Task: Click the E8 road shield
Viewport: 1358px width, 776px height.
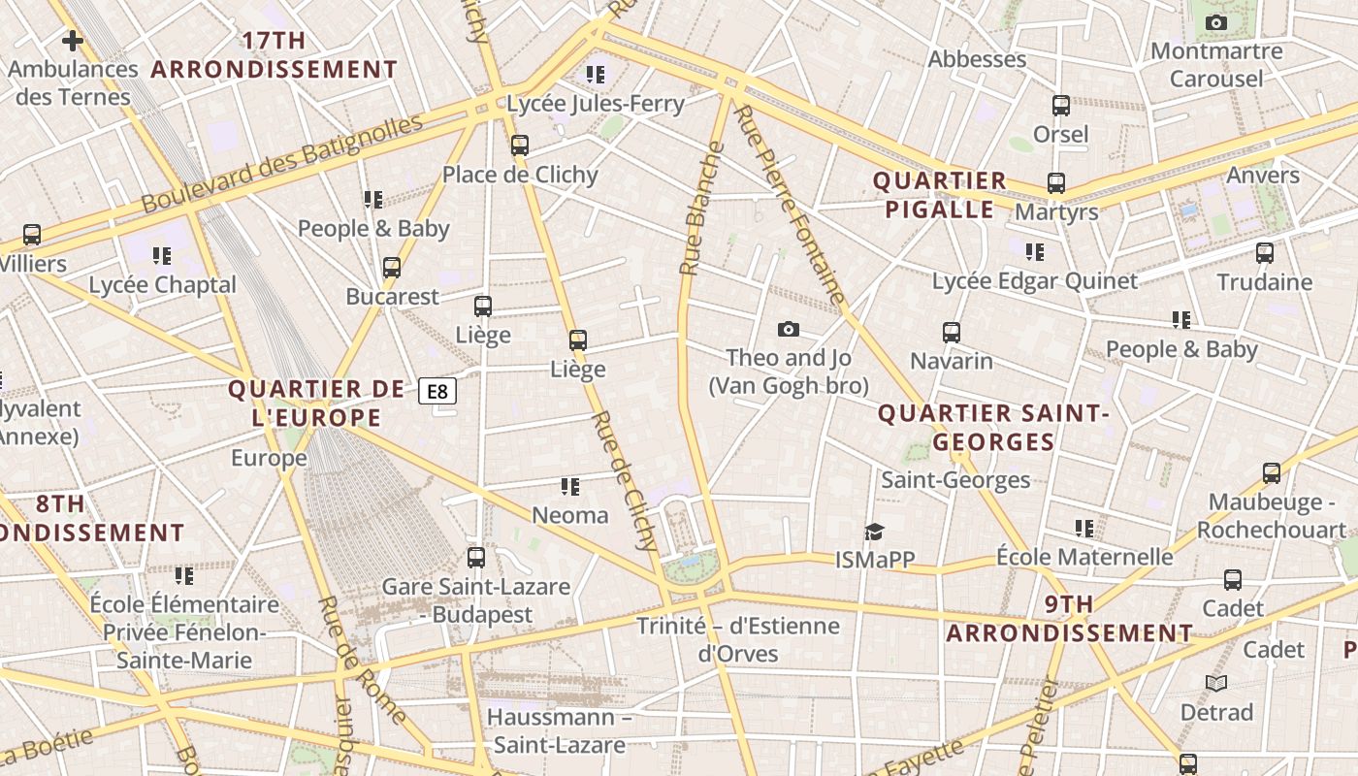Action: click(437, 391)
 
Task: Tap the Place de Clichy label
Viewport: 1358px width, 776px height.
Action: click(520, 175)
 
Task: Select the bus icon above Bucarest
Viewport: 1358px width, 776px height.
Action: click(392, 268)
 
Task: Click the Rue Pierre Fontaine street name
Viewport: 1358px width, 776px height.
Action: click(791, 204)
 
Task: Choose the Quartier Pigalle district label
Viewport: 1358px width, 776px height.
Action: click(939, 195)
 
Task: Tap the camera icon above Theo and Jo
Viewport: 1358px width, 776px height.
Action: click(789, 330)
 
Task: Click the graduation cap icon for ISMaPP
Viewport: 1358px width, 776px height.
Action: click(875, 532)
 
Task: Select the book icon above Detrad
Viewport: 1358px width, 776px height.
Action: click(1216, 684)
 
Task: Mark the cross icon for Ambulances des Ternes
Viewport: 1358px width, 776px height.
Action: click(73, 41)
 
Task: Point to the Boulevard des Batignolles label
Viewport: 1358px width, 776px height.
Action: click(282, 164)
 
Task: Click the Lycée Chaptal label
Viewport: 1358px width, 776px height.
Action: click(162, 285)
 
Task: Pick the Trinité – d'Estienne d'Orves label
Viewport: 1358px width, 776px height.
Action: click(738, 639)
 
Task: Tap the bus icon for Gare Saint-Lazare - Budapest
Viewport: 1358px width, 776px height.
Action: click(475, 558)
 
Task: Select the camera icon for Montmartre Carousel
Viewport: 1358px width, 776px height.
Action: click(1215, 22)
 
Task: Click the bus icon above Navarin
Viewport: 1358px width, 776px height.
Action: click(952, 333)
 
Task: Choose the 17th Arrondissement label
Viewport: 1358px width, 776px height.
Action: click(275, 55)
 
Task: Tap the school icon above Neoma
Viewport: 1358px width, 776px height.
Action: click(570, 486)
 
